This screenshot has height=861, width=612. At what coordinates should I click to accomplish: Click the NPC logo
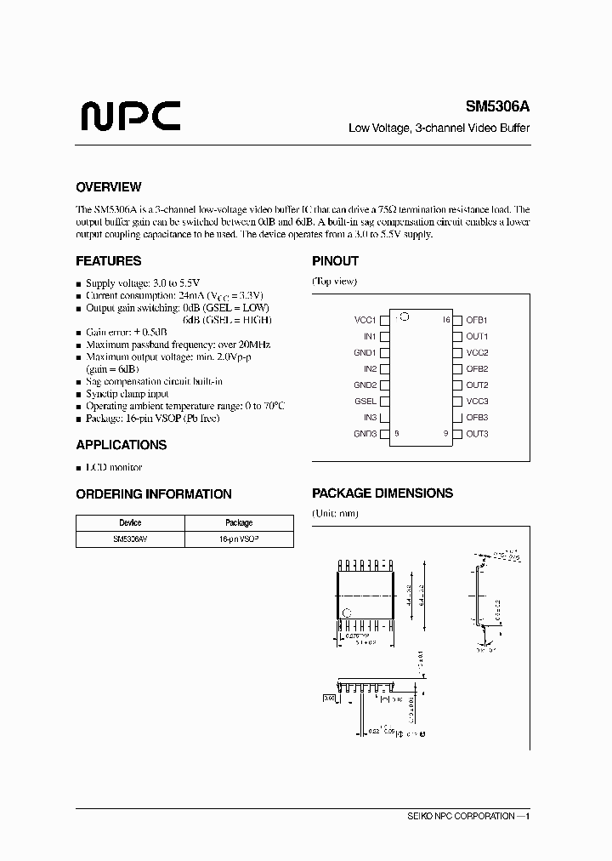(x=130, y=114)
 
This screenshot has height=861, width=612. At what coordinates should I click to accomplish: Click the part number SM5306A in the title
(x=497, y=107)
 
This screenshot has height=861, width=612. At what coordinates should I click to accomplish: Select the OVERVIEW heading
(x=109, y=187)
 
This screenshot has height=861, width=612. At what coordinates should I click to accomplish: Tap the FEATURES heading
(x=109, y=261)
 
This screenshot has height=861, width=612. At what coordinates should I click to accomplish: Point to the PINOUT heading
(x=335, y=261)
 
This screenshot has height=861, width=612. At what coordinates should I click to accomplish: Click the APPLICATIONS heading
(x=122, y=445)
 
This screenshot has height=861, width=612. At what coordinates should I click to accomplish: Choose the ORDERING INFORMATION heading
(x=154, y=493)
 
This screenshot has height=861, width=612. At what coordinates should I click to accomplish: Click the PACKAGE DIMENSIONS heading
(x=382, y=493)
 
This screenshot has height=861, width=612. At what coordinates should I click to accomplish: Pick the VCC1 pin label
(x=365, y=320)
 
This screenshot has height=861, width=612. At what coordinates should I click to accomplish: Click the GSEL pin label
(x=365, y=402)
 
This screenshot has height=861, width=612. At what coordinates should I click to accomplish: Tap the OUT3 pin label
(x=477, y=434)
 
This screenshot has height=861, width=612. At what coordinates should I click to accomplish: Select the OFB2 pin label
(x=477, y=369)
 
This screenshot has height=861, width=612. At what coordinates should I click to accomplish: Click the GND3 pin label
(x=365, y=434)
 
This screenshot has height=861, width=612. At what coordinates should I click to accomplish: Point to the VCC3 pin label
(x=477, y=402)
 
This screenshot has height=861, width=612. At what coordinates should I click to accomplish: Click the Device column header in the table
(x=130, y=523)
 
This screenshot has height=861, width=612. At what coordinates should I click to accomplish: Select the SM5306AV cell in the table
(x=130, y=539)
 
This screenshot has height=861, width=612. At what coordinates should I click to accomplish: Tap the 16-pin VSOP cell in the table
(x=239, y=539)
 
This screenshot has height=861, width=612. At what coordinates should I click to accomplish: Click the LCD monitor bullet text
(x=114, y=467)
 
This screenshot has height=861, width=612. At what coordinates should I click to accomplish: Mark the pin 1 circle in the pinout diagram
(x=405, y=317)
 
